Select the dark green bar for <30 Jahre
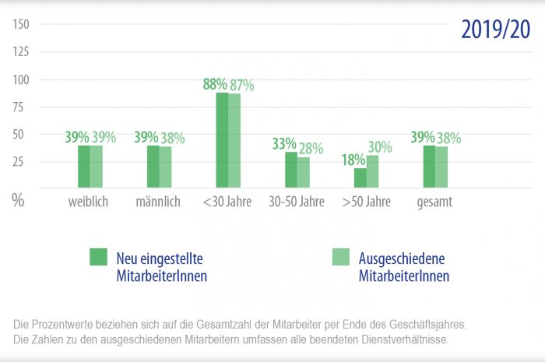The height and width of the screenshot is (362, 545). tap(222, 140)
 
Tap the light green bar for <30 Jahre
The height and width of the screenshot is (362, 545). tap(234, 141)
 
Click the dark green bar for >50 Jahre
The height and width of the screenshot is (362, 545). tap(360, 178)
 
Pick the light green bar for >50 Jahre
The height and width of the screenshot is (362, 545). tap(372, 171)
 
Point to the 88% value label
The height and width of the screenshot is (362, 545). tap(215, 84)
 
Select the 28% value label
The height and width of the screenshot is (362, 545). tap(310, 149)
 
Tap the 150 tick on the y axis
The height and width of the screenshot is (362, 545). tap(21, 24)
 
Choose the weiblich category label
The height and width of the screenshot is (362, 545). tap(87, 202)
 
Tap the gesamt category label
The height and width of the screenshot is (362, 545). tap(434, 202)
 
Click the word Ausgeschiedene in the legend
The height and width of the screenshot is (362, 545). tap(401, 258)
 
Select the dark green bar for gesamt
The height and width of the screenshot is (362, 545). tap(429, 167)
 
